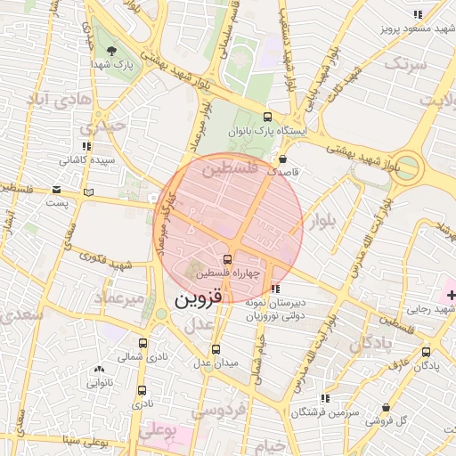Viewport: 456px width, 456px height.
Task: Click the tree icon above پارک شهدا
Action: [x=110, y=51]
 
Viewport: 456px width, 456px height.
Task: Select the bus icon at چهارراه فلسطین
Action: [x=226, y=259]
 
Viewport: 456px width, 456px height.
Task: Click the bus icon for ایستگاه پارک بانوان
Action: [x=267, y=117]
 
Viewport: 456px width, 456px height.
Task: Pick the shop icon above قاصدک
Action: [x=282, y=159]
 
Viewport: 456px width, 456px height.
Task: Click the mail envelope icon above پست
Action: [x=57, y=190]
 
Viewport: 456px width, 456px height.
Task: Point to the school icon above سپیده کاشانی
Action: [x=85, y=146]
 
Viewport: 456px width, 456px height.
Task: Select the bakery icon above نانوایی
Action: [x=99, y=369]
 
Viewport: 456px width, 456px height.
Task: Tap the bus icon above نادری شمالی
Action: [x=142, y=343]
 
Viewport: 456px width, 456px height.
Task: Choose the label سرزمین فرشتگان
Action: [x=328, y=412]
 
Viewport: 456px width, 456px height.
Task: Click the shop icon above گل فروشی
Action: [x=386, y=407]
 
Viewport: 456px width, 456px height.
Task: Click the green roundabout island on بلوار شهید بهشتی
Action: [x=409, y=166]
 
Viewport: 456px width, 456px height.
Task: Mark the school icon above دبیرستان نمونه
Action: [x=276, y=289]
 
